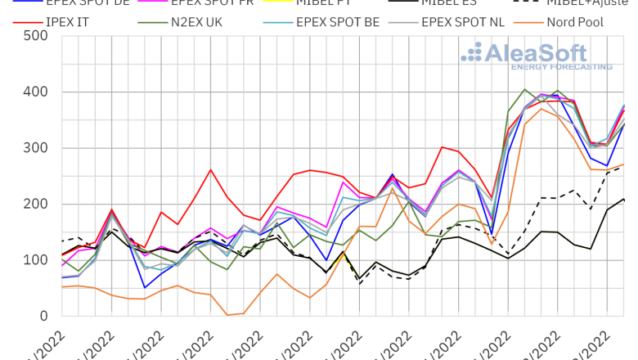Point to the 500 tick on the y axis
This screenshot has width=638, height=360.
coord(34,36)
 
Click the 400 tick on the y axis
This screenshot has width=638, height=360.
coord(34,92)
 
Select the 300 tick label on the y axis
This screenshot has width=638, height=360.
coord(34,148)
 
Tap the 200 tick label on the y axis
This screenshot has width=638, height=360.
coord(34,204)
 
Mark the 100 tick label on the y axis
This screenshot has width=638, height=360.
coord(34,260)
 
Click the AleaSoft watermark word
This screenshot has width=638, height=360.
coord(549,54)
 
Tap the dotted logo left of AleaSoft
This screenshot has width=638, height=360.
coord(472,54)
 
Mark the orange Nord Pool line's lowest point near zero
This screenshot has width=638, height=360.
coord(227,315)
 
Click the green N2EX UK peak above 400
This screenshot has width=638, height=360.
coord(524,89)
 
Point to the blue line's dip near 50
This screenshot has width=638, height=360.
coord(145,287)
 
